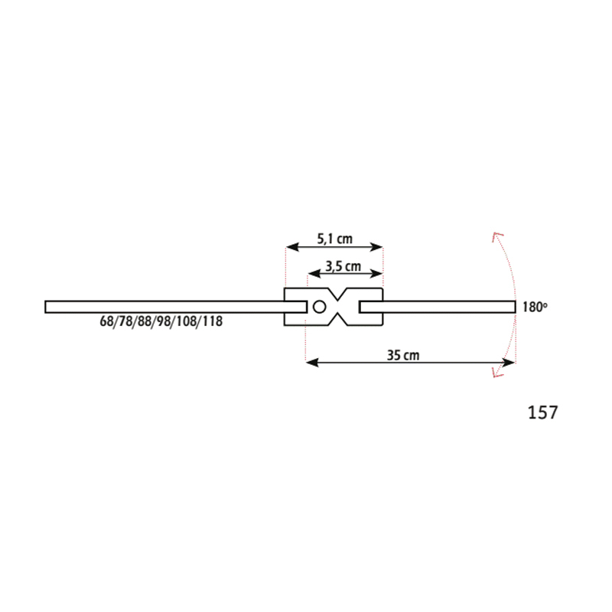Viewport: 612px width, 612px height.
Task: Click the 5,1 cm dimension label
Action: (334, 239)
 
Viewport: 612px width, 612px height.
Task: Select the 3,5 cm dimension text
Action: (343, 266)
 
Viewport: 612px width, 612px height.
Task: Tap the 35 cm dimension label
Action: (403, 355)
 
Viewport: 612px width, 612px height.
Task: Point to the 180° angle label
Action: (535, 308)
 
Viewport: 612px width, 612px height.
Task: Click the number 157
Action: (542, 412)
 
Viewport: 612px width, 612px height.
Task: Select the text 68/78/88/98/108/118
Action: (161, 321)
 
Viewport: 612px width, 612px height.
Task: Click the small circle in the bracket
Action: (319, 308)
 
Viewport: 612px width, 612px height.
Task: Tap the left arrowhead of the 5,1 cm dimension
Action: (292, 246)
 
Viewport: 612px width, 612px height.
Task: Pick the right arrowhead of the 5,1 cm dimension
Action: (376, 246)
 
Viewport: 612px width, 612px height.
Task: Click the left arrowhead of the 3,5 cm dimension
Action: (314, 274)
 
